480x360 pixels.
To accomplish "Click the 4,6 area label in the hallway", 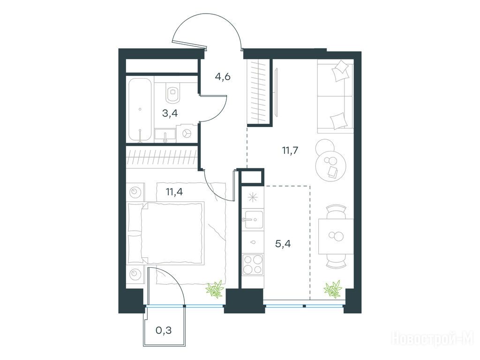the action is pyautogui.click(x=223, y=76).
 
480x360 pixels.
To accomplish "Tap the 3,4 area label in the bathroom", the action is pyautogui.click(x=170, y=113).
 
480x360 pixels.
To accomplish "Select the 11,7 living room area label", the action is pyautogui.click(x=290, y=150).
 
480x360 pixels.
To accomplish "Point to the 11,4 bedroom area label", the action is pyautogui.click(x=174, y=192).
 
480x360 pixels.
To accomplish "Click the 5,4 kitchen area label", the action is pyautogui.click(x=283, y=244).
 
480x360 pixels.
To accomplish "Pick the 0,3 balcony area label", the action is pyautogui.click(x=164, y=330).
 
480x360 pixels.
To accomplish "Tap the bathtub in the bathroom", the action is pyautogui.click(x=140, y=109).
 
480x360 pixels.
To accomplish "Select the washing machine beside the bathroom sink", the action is pyautogui.click(x=187, y=134).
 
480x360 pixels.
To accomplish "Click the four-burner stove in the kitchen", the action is pyautogui.click(x=253, y=264).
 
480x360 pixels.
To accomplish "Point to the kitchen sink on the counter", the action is pyautogui.click(x=253, y=219).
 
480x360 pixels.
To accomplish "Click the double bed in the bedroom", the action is pyautogui.click(x=165, y=232).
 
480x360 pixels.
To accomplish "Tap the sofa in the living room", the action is pyautogui.click(x=335, y=97).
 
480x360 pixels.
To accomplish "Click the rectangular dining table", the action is pyautogui.click(x=336, y=236).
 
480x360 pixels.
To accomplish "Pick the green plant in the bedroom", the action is pyautogui.click(x=215, y=289).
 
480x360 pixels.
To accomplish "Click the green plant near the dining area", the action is pyautogui.click(x=332, y=288).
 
